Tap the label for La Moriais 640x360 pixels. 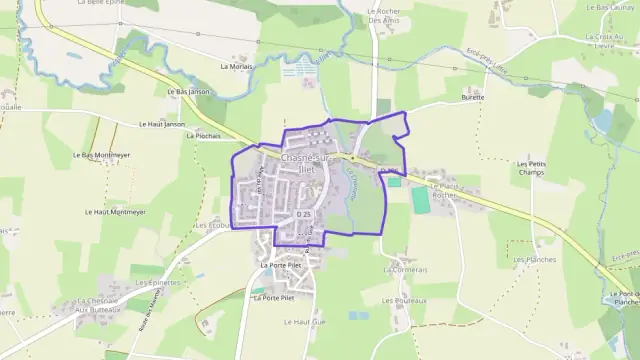(x=237, y=66)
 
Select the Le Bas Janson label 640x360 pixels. (x=189, y=91)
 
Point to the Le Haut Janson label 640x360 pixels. (x=162, y=124)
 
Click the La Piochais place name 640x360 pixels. (x=202, y=134)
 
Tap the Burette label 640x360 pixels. (x=472, y=97)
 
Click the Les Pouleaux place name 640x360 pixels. (x=405, y=299)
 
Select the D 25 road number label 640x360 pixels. (x=305, y=214)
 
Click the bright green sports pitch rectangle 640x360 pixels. (x=420, y=199)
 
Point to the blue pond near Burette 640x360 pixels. (x=602, y=121)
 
